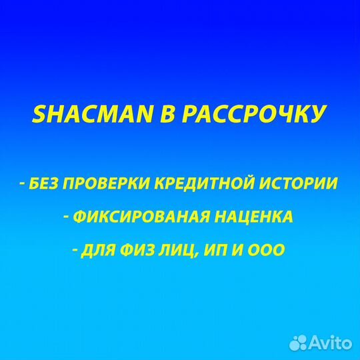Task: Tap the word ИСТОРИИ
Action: click(x=299, y=184)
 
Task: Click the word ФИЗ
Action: click(x=137, y=251)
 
